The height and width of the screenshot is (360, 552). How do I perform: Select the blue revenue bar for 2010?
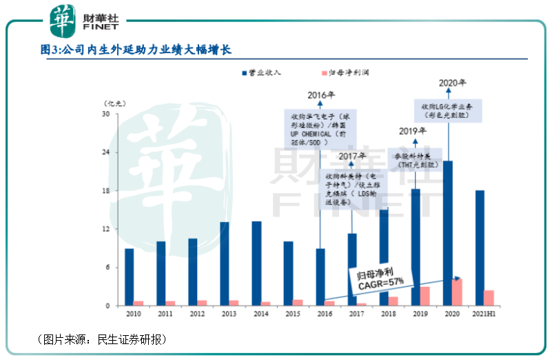130,277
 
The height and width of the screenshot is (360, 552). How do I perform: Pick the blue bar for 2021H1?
480,248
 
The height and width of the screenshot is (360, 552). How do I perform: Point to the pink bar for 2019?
425,296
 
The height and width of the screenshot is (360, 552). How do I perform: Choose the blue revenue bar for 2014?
256,263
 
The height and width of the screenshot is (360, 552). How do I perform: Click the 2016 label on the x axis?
325,314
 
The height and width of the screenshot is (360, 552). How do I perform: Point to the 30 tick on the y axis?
106,114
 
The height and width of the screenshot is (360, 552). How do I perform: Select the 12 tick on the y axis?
106,229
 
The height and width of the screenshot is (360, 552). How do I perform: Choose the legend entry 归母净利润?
351,72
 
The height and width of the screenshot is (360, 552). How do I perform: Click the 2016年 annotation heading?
321,94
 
